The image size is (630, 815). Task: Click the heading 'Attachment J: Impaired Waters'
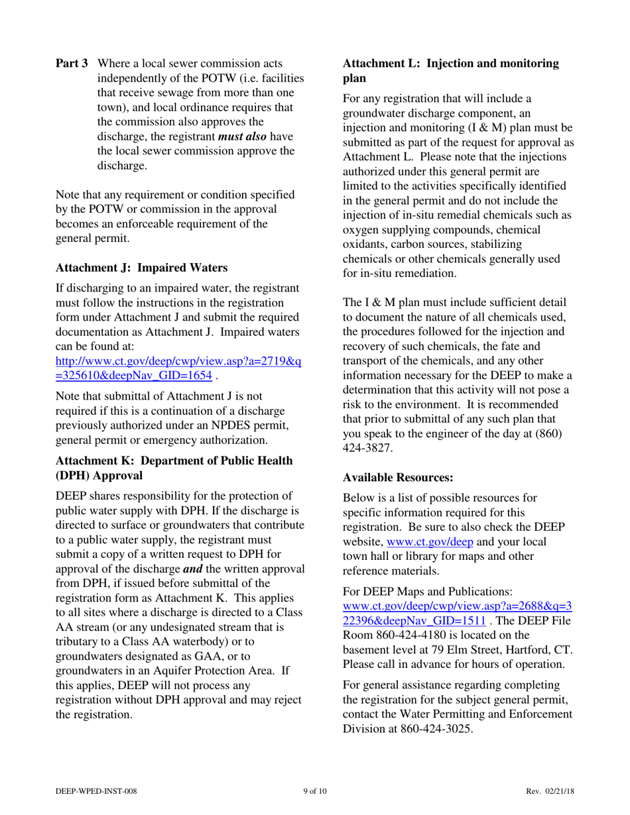(x=142, y=268)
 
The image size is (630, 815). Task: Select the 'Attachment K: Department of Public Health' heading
(x=174, y=461)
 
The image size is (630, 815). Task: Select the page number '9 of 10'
(x=314, y=791)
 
